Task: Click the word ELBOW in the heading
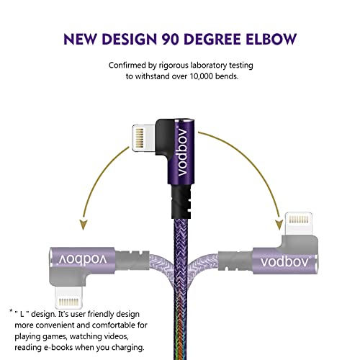tap(271, 39)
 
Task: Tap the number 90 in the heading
tap(171, 39)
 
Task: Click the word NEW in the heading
tap(80, 39)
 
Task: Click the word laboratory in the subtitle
tap(209, 66)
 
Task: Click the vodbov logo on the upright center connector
tap(182, 151)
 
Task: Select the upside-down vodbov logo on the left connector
tap(83, 259)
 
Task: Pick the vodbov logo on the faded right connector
tap(285, 261)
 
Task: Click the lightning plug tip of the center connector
tap(143, 138)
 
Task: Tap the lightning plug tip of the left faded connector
tap(68, 297)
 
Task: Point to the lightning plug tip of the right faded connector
tap(299, 223)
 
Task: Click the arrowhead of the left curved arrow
tap(83, 225)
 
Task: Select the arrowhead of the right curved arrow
tap(279, 225)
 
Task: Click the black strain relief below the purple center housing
tap(181, 202)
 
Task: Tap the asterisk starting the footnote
tap(11, 311)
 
